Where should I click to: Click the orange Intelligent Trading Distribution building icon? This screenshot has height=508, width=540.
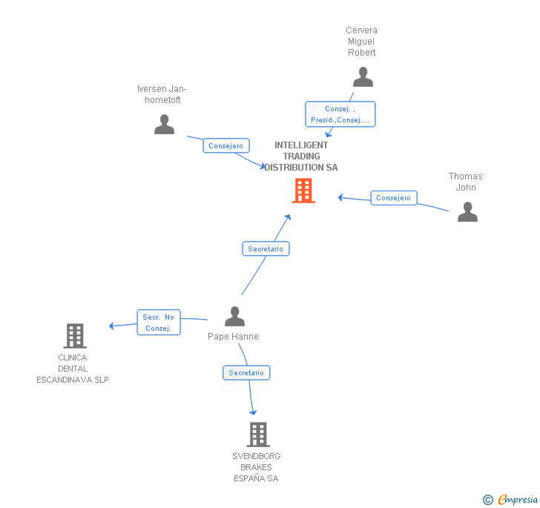click(303, 191)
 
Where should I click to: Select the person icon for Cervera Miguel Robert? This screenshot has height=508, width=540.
click(363, 77)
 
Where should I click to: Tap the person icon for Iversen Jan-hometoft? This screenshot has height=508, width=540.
click(164, 124)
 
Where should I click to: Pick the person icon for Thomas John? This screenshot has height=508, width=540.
click(467, 211)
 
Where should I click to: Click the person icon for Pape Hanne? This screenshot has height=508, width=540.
click(234, 317)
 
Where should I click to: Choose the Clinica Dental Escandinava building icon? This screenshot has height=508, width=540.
click(74, 335)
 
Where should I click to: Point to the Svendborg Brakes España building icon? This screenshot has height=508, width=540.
click(257, 434)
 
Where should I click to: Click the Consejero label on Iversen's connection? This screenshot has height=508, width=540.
click(225, 146)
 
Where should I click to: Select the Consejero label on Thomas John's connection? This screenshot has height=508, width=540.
click(393, 198)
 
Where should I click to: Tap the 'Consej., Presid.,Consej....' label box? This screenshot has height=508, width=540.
click(340, 114)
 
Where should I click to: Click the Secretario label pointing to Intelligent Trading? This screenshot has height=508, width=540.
click(266, 249)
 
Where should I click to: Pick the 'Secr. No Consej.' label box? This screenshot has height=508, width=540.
click(158, 323)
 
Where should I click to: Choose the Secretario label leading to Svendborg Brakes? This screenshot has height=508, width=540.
click(246, 373)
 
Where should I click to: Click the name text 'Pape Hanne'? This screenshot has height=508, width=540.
click(233, 337)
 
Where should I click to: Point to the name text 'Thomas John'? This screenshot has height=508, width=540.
click(465, 182)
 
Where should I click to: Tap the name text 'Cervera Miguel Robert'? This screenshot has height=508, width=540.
click(362, 42)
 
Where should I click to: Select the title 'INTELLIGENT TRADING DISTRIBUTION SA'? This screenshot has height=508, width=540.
click(301, 156)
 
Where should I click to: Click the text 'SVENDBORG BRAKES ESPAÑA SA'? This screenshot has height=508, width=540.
click(256, 467)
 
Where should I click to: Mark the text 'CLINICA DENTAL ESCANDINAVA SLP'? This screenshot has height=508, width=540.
click(73, 369)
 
